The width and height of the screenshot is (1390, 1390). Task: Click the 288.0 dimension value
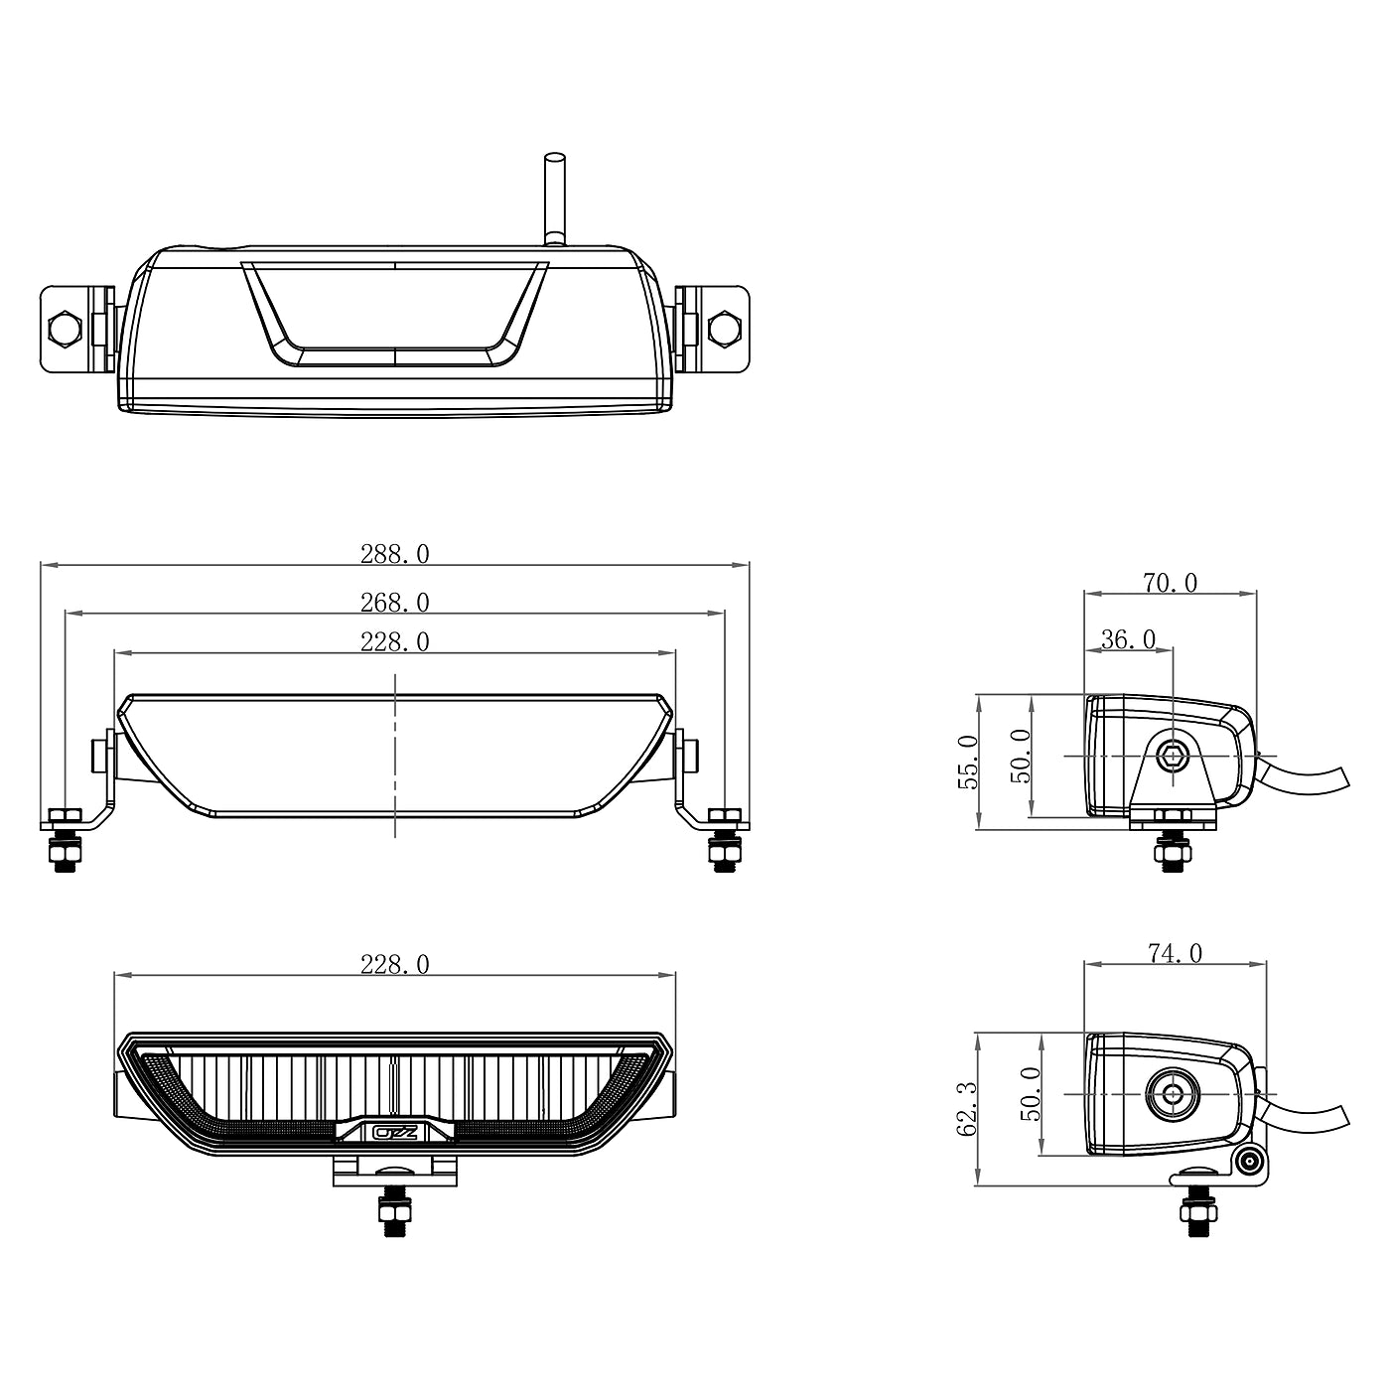[x=394, y=554]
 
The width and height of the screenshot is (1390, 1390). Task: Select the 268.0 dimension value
[x=394, y=603]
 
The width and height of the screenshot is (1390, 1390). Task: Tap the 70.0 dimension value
[x=1170, y=583]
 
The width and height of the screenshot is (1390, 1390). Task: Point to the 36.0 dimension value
[x=1128, y=639]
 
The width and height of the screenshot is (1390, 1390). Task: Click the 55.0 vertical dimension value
[x=968, y=762]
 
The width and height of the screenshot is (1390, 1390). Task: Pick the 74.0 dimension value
[x=1175, y=953]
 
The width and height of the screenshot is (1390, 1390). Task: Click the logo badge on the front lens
[x=394, y=1133]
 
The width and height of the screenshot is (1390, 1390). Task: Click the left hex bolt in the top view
[x=64, y=329]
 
